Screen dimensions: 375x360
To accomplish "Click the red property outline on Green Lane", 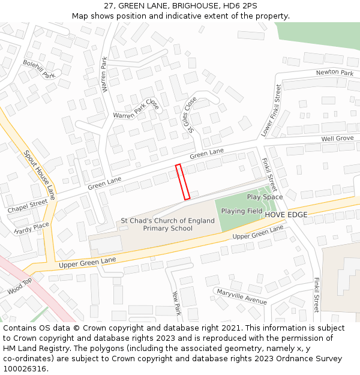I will (x=183, y=182).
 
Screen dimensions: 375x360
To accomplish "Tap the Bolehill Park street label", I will (x=40, y=69).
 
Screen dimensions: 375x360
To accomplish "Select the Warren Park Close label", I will (x=136, y=109).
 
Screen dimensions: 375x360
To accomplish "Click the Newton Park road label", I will (x=335, y=73).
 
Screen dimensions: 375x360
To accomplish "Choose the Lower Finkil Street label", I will (x=271, y=110).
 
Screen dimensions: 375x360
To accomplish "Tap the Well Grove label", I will (x=337, y=139).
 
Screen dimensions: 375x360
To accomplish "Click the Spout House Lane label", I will (x=40, y=175).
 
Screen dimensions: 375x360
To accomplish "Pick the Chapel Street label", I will (x=27, y=206).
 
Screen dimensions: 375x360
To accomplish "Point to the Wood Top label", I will (x=19, y=287).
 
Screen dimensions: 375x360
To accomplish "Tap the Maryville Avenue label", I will (x=242, y=296).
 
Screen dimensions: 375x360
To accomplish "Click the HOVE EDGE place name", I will (x=286, y=215).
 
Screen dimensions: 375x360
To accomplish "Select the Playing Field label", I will (x=242, y=211).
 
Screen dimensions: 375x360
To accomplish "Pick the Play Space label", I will (x=265, y=197).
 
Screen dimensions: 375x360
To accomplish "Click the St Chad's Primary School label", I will (x=167, y=224).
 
